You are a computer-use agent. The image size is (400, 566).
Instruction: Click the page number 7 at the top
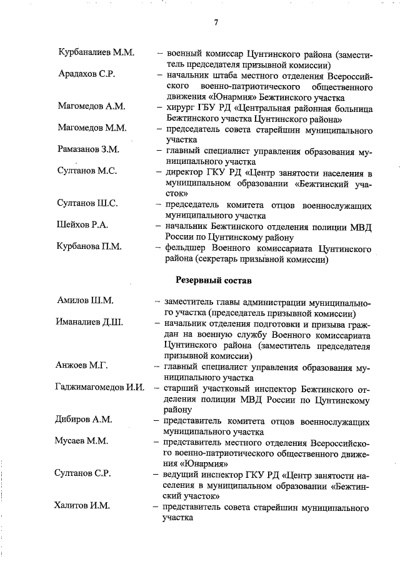216,23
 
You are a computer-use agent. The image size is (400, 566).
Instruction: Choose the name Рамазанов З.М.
88,149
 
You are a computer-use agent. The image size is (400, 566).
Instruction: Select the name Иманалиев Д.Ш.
89,322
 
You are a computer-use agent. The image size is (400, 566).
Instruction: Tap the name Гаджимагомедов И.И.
100,388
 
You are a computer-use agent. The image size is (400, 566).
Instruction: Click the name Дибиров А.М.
85,419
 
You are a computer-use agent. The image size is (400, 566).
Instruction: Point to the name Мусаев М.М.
82,440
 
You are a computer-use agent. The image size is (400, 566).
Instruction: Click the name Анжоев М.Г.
82,366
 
